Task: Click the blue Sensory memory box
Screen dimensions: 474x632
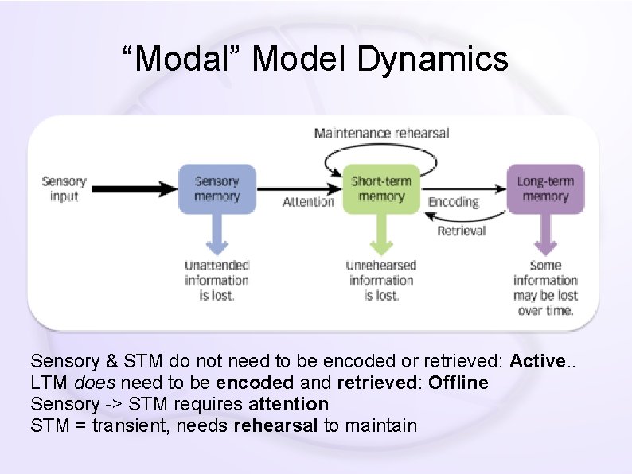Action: [x=217, y=188]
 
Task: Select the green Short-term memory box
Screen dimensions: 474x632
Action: [x=381, y=188]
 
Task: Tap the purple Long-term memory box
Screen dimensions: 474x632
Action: [x=545, y=188]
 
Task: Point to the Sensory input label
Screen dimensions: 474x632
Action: [x=64, y=188]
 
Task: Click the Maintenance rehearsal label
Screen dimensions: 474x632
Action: [x=381, y=133]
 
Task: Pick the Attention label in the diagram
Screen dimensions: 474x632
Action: [x=308, y=202]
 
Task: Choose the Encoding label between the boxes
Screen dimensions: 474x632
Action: [x=454, y=202]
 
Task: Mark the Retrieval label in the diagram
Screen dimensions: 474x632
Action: [x=461, y=231]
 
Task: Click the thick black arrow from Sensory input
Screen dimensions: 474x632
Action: [x=132, y=188]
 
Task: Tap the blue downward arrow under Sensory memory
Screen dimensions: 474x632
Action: [x=217, y=235]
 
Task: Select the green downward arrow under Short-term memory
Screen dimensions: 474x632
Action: [x=381, y=235]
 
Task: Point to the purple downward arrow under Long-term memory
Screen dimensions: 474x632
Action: [x=545, y=235]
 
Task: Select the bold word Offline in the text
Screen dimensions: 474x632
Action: [x=458, y=383]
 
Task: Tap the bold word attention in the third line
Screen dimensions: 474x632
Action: [x=288, y=404]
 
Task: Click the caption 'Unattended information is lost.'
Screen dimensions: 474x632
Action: [x=217, y=280]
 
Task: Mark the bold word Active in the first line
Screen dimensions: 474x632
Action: [x=537, y=361]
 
